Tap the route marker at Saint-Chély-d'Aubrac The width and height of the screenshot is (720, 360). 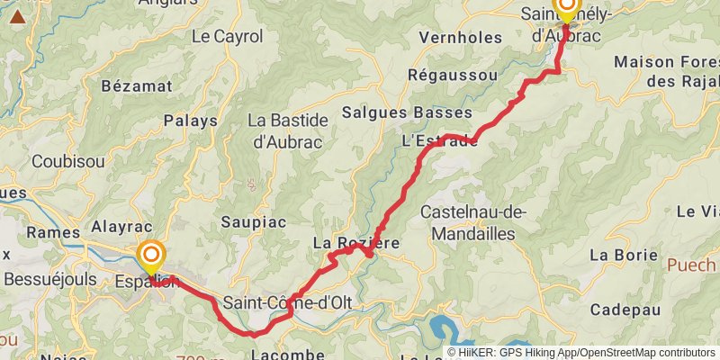(567, 7)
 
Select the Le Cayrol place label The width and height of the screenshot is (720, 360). (227, 38)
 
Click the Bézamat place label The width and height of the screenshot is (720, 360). (137, 86)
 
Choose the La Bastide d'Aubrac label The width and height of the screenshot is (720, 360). (283, 130)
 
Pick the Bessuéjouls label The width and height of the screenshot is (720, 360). (50, 279)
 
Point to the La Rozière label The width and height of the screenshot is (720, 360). (355, 243)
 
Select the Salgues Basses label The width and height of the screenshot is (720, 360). (408, 112)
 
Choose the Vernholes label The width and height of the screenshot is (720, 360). (460, 38)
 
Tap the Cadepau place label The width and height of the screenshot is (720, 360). (625, 310)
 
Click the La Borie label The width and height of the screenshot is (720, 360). (624, 255)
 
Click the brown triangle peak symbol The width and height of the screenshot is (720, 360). (17, 15)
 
